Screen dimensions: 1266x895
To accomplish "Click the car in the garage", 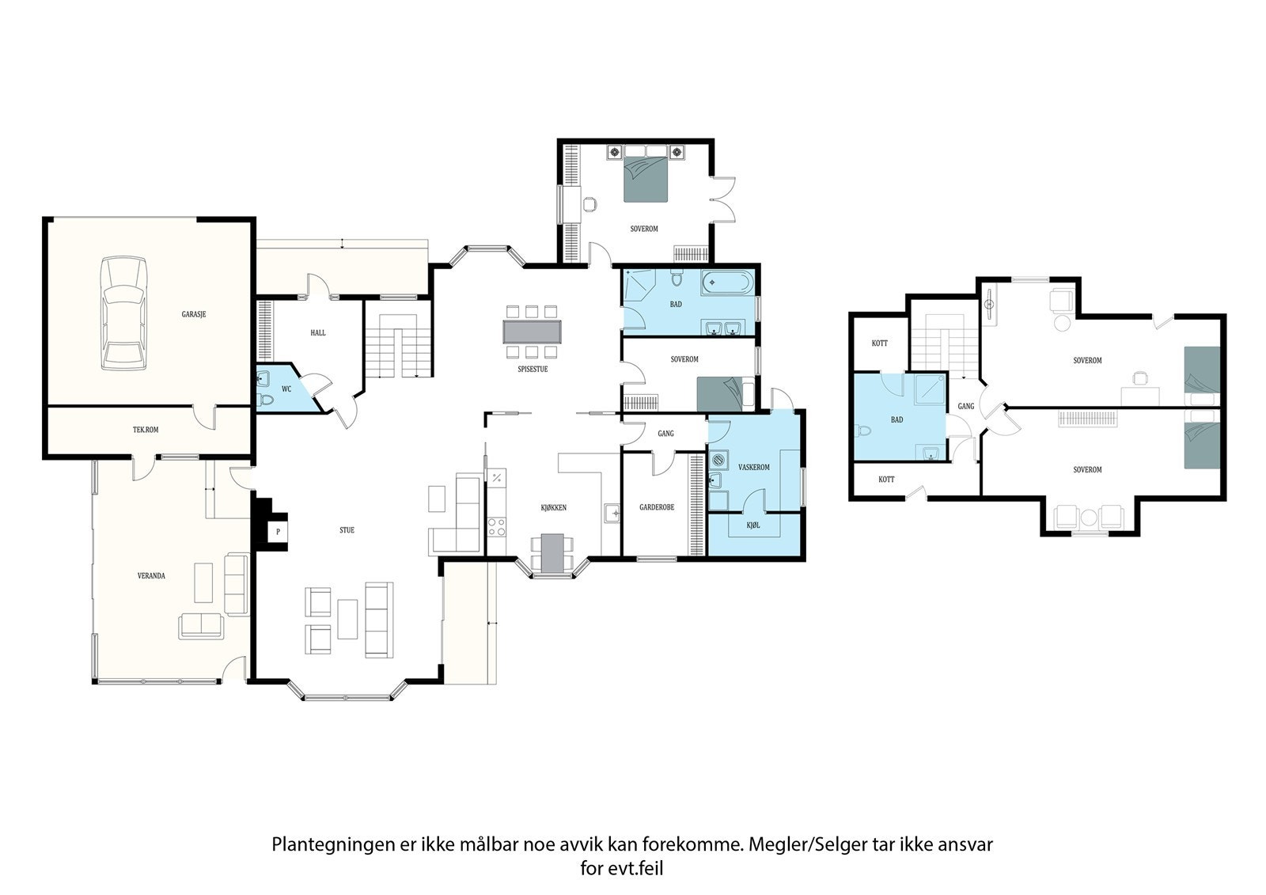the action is tap(124, 313).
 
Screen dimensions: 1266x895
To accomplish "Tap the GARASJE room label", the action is tap(194, 314).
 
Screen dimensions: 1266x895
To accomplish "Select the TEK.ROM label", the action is tap(146, 430).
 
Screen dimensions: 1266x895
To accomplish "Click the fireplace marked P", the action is tap(278, 532).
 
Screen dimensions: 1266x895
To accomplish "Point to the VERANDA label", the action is tap(151, 576).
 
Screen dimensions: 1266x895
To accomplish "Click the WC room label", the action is tap(286, 389).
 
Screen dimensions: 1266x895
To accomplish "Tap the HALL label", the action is tap(318, 333).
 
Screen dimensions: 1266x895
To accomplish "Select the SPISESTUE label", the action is tap(533, 370).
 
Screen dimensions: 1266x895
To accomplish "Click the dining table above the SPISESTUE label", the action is tap(533, 332).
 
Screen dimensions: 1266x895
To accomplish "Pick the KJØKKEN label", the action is tap(554, 508).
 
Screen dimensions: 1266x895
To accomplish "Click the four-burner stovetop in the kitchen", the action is tap(497, 527).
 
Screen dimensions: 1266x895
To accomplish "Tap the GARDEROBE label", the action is tap(657, 508).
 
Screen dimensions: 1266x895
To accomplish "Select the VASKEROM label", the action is tap(754, 468).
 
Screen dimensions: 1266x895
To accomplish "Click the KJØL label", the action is tap(753, 525).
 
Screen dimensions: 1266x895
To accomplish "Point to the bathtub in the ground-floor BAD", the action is tap(728, 283).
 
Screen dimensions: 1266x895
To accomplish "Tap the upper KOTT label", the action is tap(880, 343).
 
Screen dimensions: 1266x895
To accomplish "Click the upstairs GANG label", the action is tap(966, 406).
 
